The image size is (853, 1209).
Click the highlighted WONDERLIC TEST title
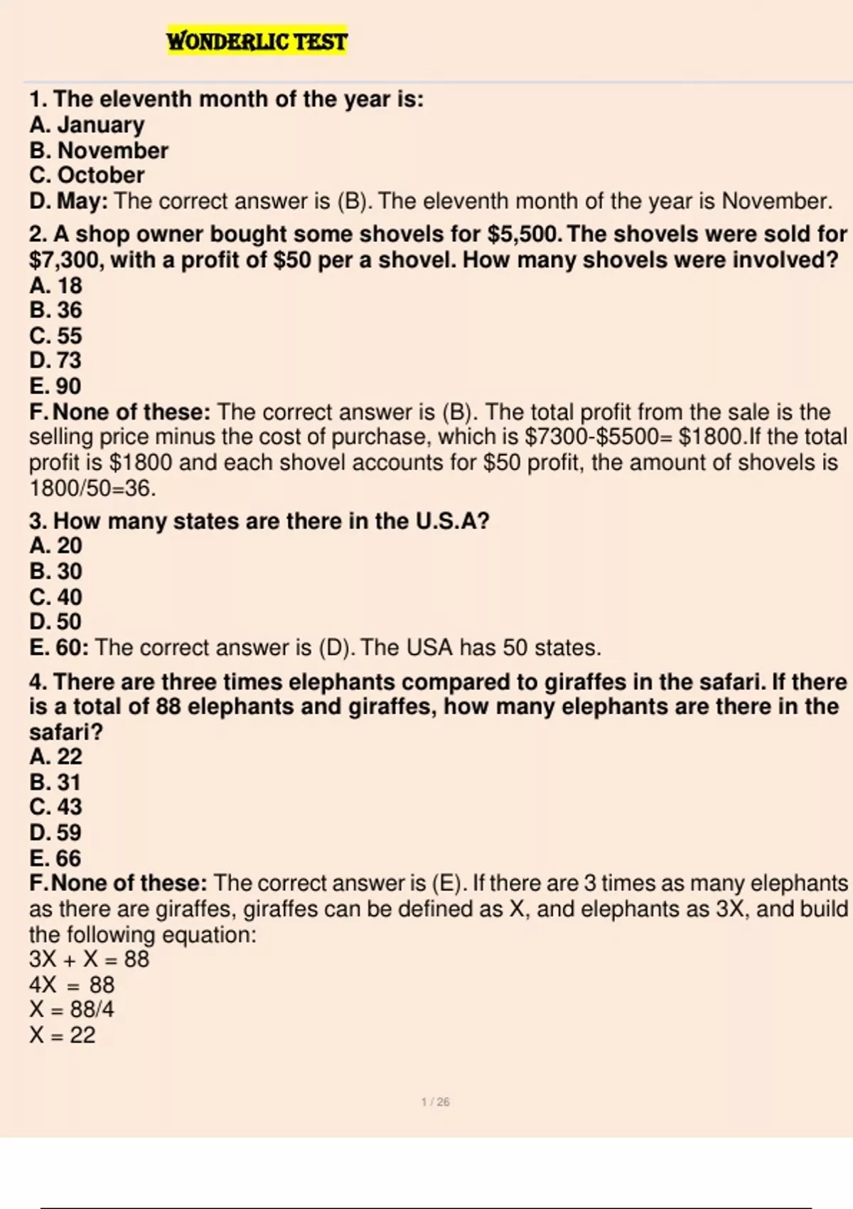[257, 41]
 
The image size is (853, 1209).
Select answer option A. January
[87, 124]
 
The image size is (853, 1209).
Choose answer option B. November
[99, 150]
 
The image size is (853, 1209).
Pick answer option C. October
[87, 175]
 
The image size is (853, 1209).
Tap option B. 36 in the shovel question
[55, 310]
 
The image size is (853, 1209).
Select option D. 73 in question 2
[55, 360]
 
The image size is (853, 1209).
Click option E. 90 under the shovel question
[55, 385]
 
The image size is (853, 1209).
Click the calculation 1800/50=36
[92, 488]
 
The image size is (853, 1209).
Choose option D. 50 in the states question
[55, 622]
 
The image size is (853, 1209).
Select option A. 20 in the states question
[55, 545]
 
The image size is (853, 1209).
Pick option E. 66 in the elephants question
[55, 858]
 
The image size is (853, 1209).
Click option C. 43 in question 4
[55, 806]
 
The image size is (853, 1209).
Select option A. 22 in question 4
[55, 756]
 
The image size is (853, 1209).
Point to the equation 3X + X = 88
[90, 959]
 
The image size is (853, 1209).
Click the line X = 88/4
[72, 1009]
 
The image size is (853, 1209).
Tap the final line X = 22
[63, 1035]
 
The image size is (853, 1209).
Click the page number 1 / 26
[435, 1102]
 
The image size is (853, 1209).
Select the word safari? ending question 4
[66, 731]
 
